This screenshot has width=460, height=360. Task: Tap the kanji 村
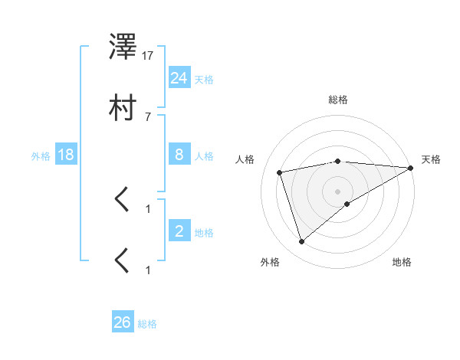click(x=123, y=108)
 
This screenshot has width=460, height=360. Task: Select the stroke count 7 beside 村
click(x=148, y=116)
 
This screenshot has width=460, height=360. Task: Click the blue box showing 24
click(x=179, y=77)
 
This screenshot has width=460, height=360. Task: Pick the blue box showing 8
click(x=179, y=155)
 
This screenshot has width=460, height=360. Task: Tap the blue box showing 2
click(x=179, y=231)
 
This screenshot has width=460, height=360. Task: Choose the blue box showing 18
click(x=66, y=155)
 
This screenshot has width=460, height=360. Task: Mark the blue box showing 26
click(x=123, y=322)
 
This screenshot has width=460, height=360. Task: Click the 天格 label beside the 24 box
click(x=204, y=80)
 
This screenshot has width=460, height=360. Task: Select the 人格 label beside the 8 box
click(x=204, y=156)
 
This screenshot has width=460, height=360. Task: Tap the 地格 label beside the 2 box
click(x=204, y=232)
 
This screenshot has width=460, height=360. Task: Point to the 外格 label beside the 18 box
click(x=41, y=156)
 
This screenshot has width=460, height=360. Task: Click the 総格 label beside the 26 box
click(x=147, y=324)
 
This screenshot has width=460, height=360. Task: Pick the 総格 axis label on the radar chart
click(x=338, y=100)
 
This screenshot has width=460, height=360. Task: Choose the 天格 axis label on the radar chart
click(x=432, y=159)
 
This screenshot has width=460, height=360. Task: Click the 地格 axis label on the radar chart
click(x=402, y=262)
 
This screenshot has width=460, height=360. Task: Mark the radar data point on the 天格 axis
click(x=410, y=168)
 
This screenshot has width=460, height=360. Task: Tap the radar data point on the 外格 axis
click(x=302, y=242)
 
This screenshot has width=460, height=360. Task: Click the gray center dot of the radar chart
click(x=338, y=191)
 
